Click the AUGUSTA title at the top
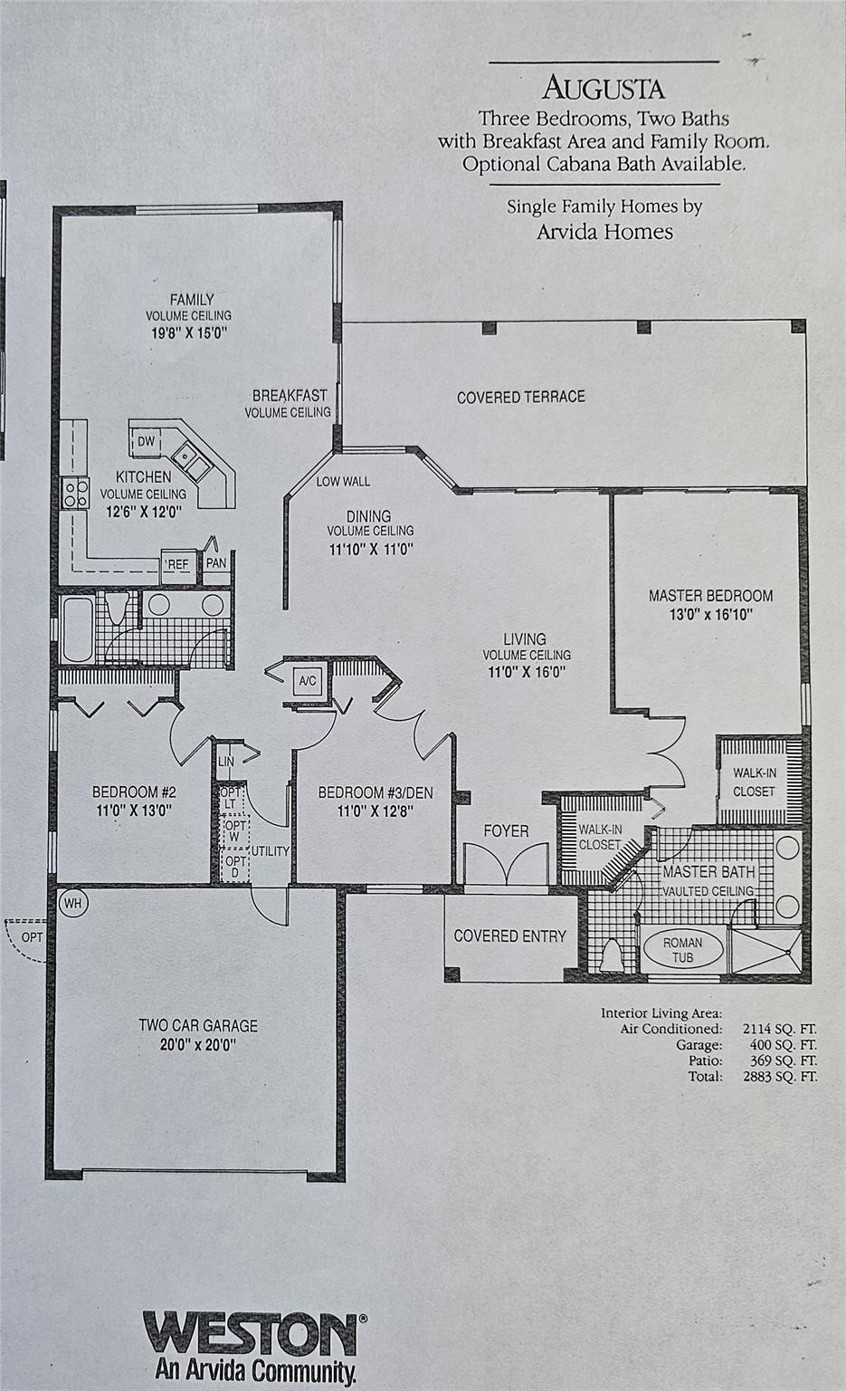coord(604,88)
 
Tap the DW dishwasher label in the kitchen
coord(146,442)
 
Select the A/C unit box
coord(307,681)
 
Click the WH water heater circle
coord(73,903)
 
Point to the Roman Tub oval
coord(683,949)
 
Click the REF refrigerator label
coord(178,564)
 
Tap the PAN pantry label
coord(216,563)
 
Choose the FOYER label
coord(506,830)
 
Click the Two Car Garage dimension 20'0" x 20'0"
coord(198,1044)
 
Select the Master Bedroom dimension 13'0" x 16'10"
coord(711,615)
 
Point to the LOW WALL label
coord(343,481)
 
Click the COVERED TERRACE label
coord(521,397)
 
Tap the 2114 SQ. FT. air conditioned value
coord(780,1029)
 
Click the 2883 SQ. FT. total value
coord(780,1076)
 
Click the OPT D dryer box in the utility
coord(235,866)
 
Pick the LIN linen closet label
coord(226,762)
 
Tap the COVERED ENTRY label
coord(509,935)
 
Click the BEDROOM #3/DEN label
coord(375,792)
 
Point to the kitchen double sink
coord(192,462)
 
